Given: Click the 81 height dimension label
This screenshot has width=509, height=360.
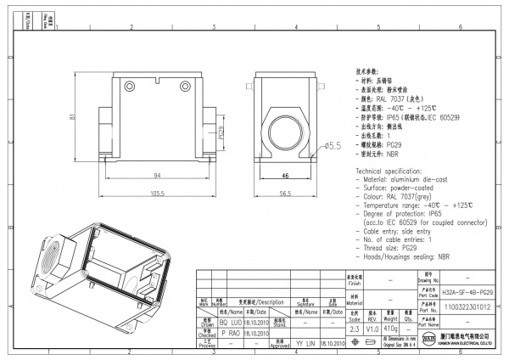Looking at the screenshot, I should (75, 117).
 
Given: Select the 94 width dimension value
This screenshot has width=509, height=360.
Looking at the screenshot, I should (157, 175).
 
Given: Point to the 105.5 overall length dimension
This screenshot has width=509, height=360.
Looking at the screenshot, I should (157, 194).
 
